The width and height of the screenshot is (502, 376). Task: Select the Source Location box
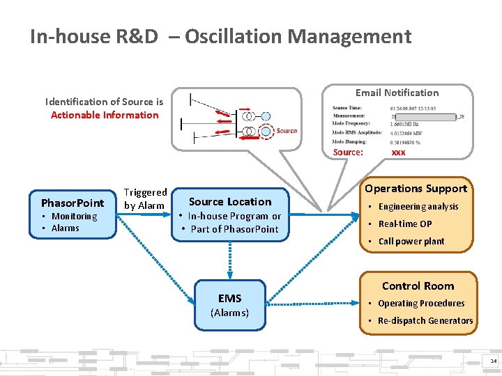pyautogui.click(x=230, y=214)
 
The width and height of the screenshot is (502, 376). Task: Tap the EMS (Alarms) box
pyautogui.click(x=229, y=304)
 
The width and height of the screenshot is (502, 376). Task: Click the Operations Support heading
pyautogui.click(x=416, y=189)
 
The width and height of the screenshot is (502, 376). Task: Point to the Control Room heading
pyautogui.click(x=418, y=286)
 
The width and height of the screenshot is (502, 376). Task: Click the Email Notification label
pyautogui.click(x=397, y=93)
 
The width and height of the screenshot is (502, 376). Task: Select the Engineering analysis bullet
pyautogui.click(x=418, y=207)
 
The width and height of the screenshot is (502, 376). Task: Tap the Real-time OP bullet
pyautogui.click(x=404, y=224)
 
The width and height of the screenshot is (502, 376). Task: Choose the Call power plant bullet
pyautogui.click(x=411, y=242)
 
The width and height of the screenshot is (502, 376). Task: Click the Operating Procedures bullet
pyautogui.click(x=420, y=304)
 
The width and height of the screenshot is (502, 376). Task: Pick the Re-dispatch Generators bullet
pyautogui.click(x=425, y=321)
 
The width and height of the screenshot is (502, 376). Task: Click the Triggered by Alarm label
pyautogui.click(x=145, y=198)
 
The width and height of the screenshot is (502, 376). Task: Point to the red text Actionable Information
pyautogui.click(x=105, y=115)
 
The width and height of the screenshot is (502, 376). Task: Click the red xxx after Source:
pyautogui.click(x=398, y=152)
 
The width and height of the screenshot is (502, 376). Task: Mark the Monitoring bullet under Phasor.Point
pyautogui.click(x=74, y=217)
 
